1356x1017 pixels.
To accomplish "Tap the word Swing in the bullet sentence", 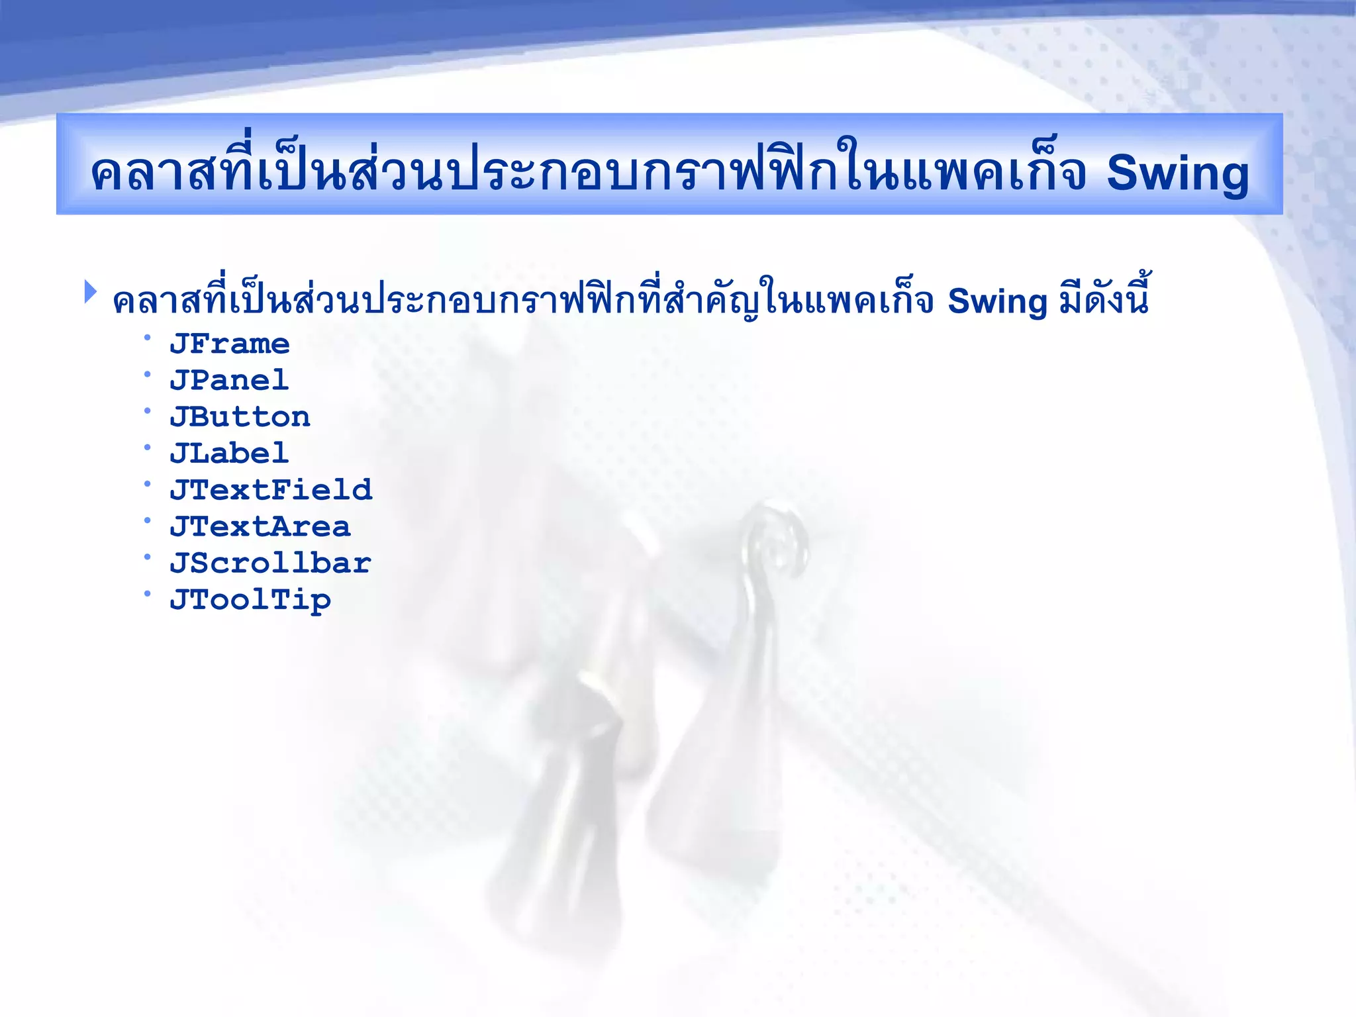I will tap(997, 303).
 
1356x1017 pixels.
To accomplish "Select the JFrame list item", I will tap(229, 344).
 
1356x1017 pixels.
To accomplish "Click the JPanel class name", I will tap(229, 381).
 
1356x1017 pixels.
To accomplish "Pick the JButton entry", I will tap(240, 417).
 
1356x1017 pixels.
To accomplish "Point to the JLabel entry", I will tap(229, 454).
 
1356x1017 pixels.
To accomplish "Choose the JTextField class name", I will tap(271, 490).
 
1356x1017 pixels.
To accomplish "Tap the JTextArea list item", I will tap(260, 527).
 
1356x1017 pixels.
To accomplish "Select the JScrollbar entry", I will tap(270, 563).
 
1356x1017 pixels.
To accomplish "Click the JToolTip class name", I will tap(250, 601).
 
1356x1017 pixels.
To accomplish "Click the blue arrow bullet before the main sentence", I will tap(91, 292).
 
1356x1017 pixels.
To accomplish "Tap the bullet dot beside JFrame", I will tap(148, 338).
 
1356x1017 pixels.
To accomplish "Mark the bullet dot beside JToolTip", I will tap(148, 594).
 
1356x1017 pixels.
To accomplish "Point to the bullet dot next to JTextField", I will tap(148, 484).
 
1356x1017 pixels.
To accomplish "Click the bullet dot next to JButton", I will tap(148, 411).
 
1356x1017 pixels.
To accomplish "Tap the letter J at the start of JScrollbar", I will tap(179, 563).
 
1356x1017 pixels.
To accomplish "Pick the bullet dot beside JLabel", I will tap(148, 448).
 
